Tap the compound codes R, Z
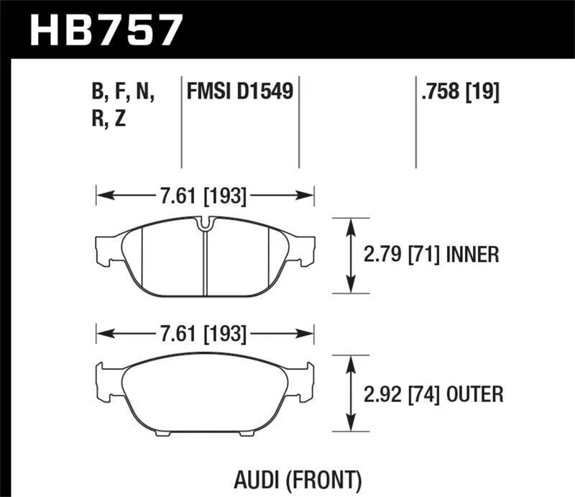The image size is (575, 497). [x=109, y=119]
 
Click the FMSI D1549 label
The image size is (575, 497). [x=239, y=92]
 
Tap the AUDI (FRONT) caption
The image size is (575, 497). [x=298, y=478]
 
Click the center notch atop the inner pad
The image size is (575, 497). [x=205, y=226]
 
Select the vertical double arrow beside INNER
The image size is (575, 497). [x=351, y=255]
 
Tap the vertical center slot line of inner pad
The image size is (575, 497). [x=205, y=263]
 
